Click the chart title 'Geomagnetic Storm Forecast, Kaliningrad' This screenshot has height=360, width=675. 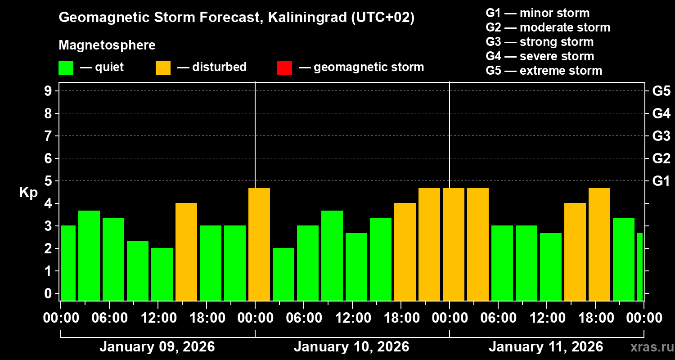click(x=237, y=18)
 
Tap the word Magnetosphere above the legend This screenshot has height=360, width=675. click(x=107, y=45)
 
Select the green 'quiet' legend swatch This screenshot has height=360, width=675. click(x=66, y=67)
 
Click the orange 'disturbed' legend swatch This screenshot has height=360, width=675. click(x=163, y=67)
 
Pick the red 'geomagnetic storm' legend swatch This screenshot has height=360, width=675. click(x=284, y=67)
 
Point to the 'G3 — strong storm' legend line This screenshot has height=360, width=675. click(x=540, y=42)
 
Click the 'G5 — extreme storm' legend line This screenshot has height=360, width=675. click(x=544, y=71)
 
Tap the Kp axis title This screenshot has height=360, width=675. click(x=28, y=193)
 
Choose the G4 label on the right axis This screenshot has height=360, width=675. click(x=661, y=113)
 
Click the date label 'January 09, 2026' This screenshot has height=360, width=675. click(x=157, y=347)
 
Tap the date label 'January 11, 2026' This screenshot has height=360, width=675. click(x=546, y=347)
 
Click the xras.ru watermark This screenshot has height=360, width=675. click(x=650, y=347)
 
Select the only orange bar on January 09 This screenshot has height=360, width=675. click(x=186, y=252)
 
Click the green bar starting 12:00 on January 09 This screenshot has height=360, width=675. click(x=162, y=274)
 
